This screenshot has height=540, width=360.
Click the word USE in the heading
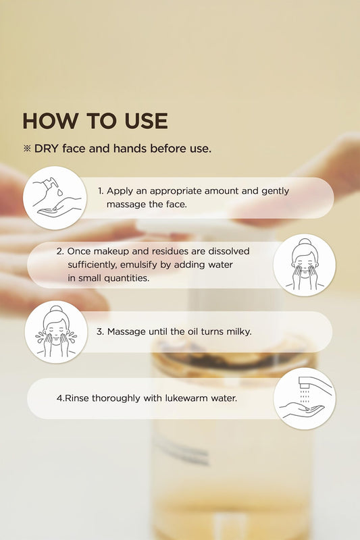tap(146, 121)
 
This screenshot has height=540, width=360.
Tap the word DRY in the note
tap(47, 148)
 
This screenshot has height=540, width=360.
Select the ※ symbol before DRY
tap(27, 148)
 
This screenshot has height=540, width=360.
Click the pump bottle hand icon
tap(55, 198)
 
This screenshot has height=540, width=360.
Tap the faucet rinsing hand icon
tap(305, 398)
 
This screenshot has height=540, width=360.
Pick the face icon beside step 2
tap(305, 265)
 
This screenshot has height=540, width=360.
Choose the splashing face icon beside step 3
tap(56, 332)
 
